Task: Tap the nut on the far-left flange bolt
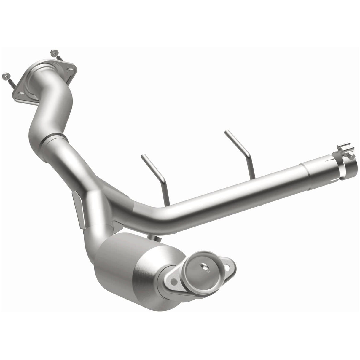click(x=5, y=75)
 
